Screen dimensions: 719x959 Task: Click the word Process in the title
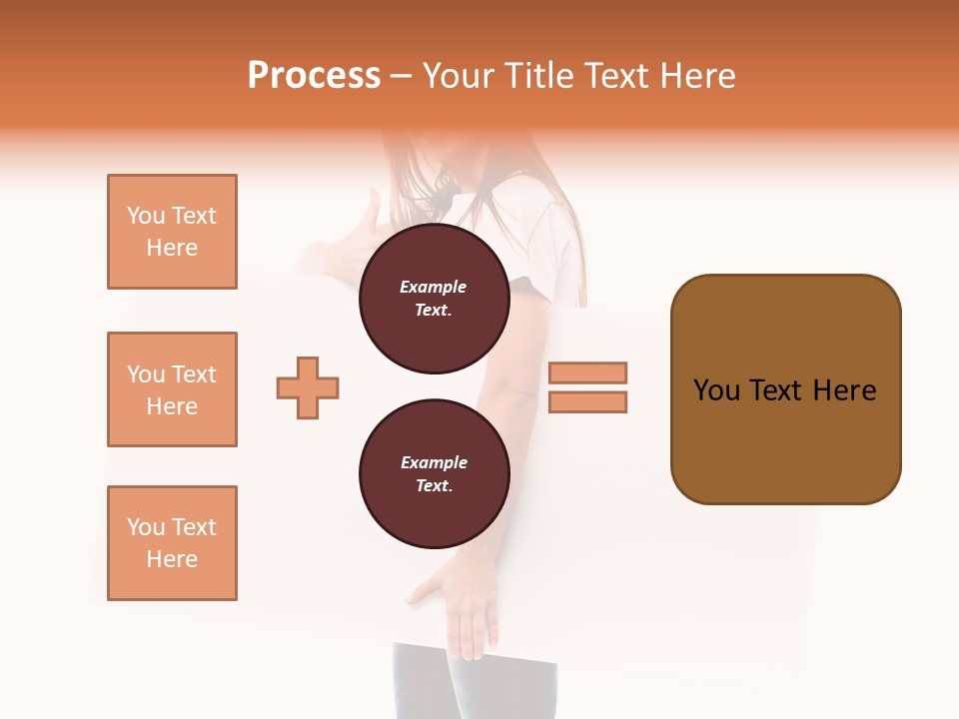click(314, 76)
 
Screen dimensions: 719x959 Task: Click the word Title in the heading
click(535, 76)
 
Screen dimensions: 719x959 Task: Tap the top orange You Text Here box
click(172, 232)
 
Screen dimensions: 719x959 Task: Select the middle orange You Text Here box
click(172, 389)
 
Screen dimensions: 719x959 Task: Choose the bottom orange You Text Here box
click(172, 543)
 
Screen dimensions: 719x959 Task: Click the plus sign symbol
click(308, 387)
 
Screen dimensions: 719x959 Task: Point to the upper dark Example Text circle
click(434, 299)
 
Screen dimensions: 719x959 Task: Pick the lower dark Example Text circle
click(434, 474)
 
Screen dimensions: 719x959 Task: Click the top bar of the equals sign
click(588, 372)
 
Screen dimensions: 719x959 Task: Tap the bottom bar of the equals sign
click(588, 401)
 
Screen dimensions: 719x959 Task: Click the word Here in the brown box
click(844, 390)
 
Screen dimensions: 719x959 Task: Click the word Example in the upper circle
click(434, 287)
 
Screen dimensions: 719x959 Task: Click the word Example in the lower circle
click(434, 462)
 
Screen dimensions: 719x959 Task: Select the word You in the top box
click(146, 216)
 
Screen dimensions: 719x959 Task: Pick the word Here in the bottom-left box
click(172, 559)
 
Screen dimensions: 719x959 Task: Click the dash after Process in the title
click(402, 76)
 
